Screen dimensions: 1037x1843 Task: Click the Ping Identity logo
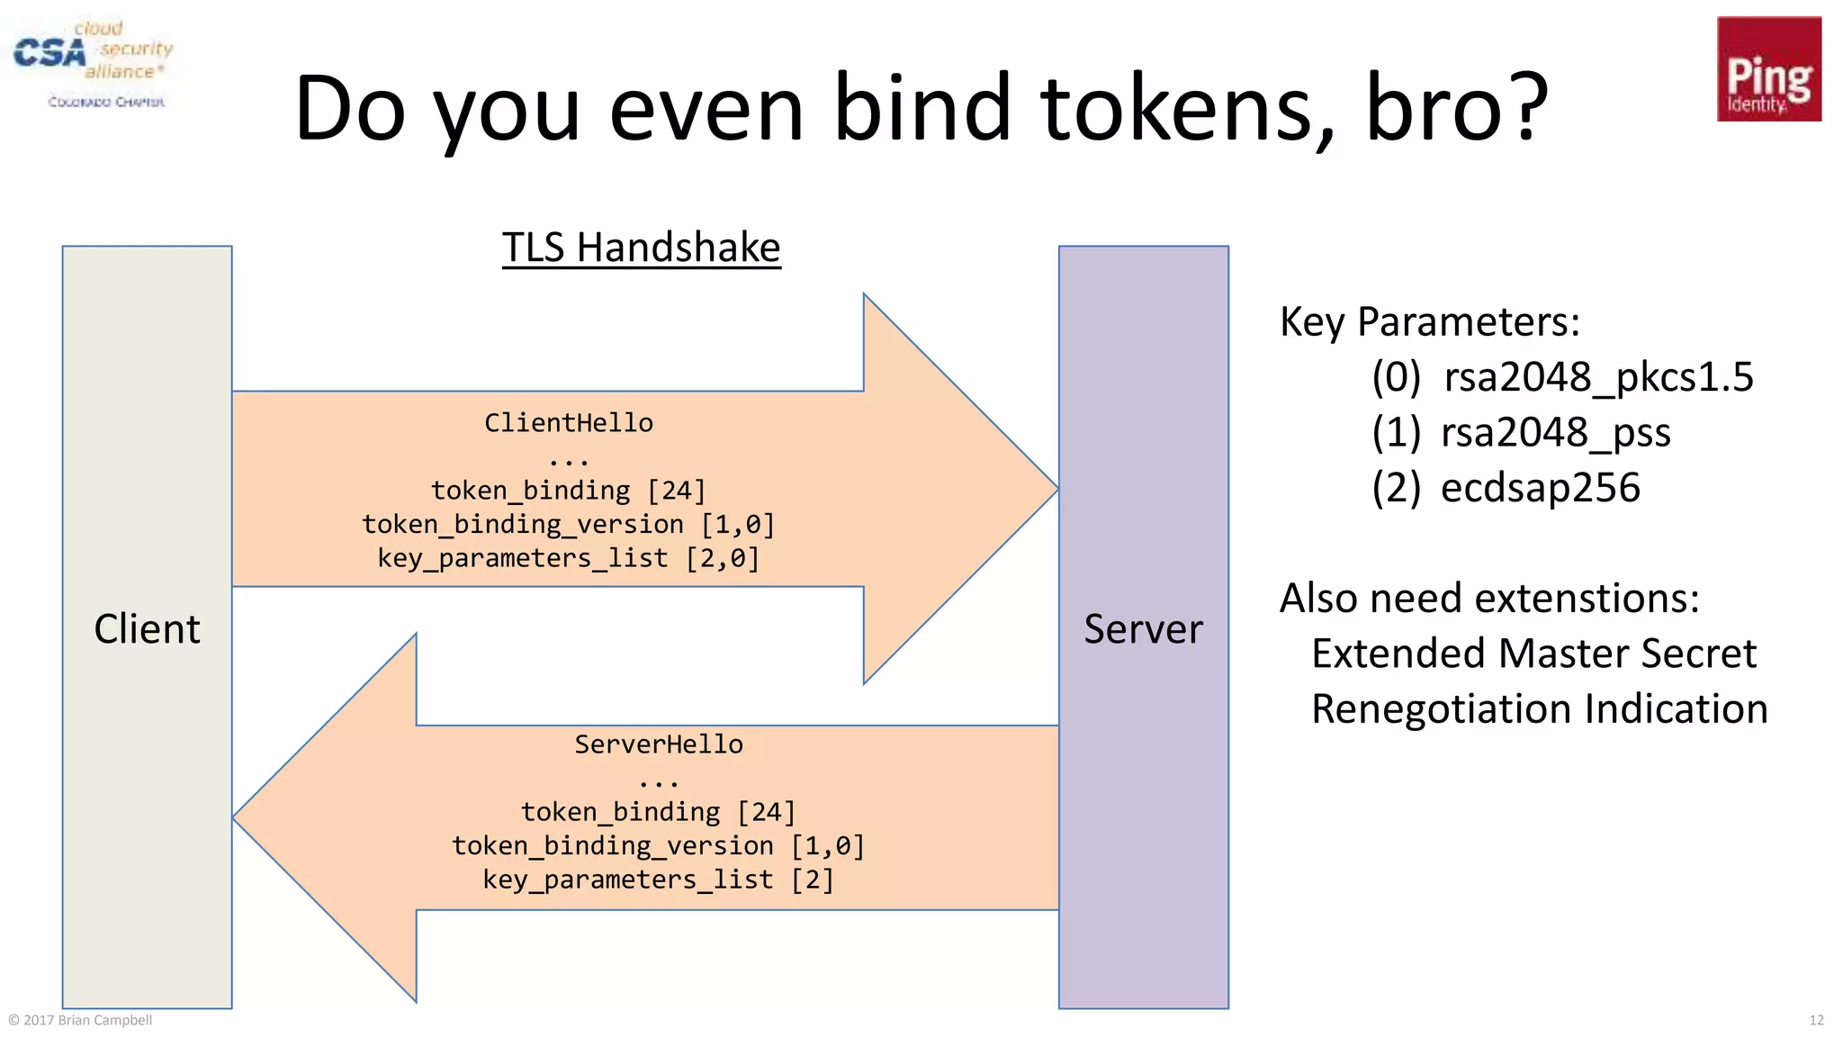coord(1768,69)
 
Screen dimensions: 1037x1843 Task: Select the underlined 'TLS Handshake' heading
coord(641,248)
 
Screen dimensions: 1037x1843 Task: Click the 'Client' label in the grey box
coord(147,628)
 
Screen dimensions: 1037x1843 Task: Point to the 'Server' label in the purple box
coord(1142,628)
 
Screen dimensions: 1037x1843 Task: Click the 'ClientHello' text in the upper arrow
coord(569,423)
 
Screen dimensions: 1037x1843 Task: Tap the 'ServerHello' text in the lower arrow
coord(659,744)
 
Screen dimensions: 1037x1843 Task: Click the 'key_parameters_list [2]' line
coord(659,879)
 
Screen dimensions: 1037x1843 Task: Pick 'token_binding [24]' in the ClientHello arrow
coord(569,491)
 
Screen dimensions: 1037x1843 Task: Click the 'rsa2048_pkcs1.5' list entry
coord(1597,377)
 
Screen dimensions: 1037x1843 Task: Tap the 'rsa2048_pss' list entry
coord(1554,433)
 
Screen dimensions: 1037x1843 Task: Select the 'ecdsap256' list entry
coord(1540,488)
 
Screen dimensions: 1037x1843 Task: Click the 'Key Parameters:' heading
coord(1429,321)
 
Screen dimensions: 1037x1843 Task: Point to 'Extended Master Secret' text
coord(1533,654)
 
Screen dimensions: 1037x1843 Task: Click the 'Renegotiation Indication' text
coord(1539,709)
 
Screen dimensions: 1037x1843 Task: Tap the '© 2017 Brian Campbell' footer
coord(80,1020)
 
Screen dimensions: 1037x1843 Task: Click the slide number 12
coord(1816,1020)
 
